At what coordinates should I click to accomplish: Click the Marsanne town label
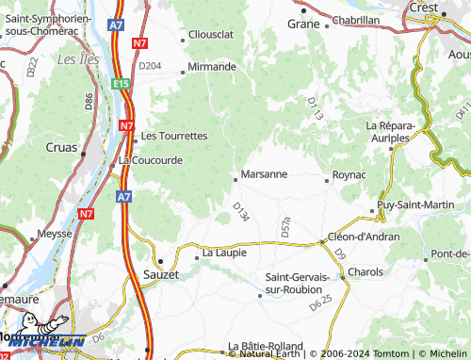point(263,174)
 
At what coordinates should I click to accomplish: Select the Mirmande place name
point(212,67)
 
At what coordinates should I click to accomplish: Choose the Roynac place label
point(349,174)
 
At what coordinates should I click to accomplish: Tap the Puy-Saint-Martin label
point(414,205)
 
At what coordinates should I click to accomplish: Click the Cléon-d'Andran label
point(364,237)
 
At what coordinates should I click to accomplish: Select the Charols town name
point(365,271)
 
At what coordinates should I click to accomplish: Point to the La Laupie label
point(224,253)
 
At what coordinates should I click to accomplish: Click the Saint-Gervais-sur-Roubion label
point(298,283)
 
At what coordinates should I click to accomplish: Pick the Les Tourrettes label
point(174,136)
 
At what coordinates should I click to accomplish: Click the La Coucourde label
point(151,160)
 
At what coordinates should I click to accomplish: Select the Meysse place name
point(54,233)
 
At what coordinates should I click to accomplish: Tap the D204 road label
point(150,66)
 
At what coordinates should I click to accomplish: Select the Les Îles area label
point(74,58)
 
